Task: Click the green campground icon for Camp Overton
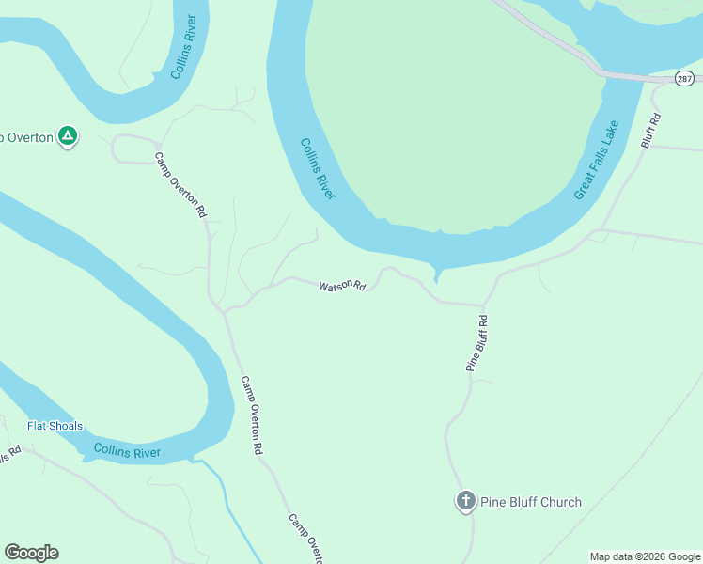point(68,137)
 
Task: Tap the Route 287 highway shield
point(684,80)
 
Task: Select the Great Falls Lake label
point(597,160)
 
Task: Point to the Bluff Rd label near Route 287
point(651,131)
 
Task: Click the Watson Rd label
point(341,286)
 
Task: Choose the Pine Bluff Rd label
point(477,343)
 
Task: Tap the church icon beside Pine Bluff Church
point(465,501)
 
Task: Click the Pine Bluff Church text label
point(531,502)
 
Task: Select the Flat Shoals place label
point(55,426)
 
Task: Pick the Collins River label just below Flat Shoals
point(127,452)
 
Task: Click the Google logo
point(31,553)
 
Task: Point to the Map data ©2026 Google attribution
point(645,556)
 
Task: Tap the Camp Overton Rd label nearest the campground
point(180,185)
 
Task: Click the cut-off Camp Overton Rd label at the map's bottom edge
point(305,539)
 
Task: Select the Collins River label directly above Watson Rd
point(318,169)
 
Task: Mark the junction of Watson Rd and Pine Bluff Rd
point(483,305)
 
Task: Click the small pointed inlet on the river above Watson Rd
point(436,275)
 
